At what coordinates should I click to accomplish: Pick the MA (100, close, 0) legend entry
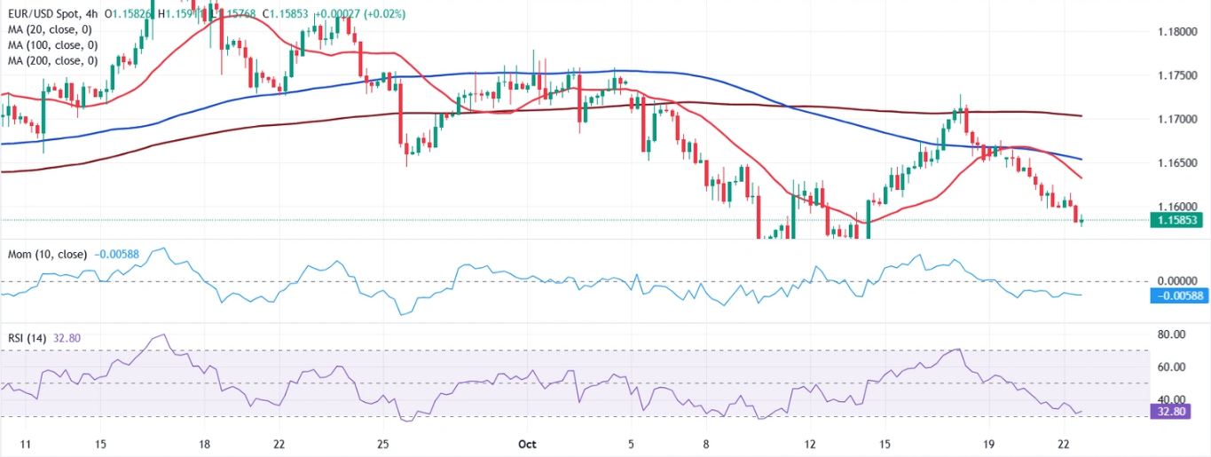[x=52, y=45]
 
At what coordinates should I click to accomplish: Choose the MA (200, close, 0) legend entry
[x=52, y=60]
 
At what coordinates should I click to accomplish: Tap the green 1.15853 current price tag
[x=1177, y=220]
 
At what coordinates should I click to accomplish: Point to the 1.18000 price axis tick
[x=1176, y=32]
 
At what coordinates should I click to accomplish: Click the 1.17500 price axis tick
[x=1176, y=75]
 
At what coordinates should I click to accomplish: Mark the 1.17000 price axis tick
[x=1176, y=119]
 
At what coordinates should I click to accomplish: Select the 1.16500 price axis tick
[x=1176, y=162]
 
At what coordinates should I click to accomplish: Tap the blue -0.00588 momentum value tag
[x=1179, y=295]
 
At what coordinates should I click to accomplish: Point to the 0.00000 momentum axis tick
[x=1177, y=280]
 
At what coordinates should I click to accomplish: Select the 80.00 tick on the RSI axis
[x=1171, y=335]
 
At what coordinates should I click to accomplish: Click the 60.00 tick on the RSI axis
[x=1171, y=366]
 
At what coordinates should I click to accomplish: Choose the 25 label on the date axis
[x=383, y=443]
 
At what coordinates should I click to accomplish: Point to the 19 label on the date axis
[x=989, y=443]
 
